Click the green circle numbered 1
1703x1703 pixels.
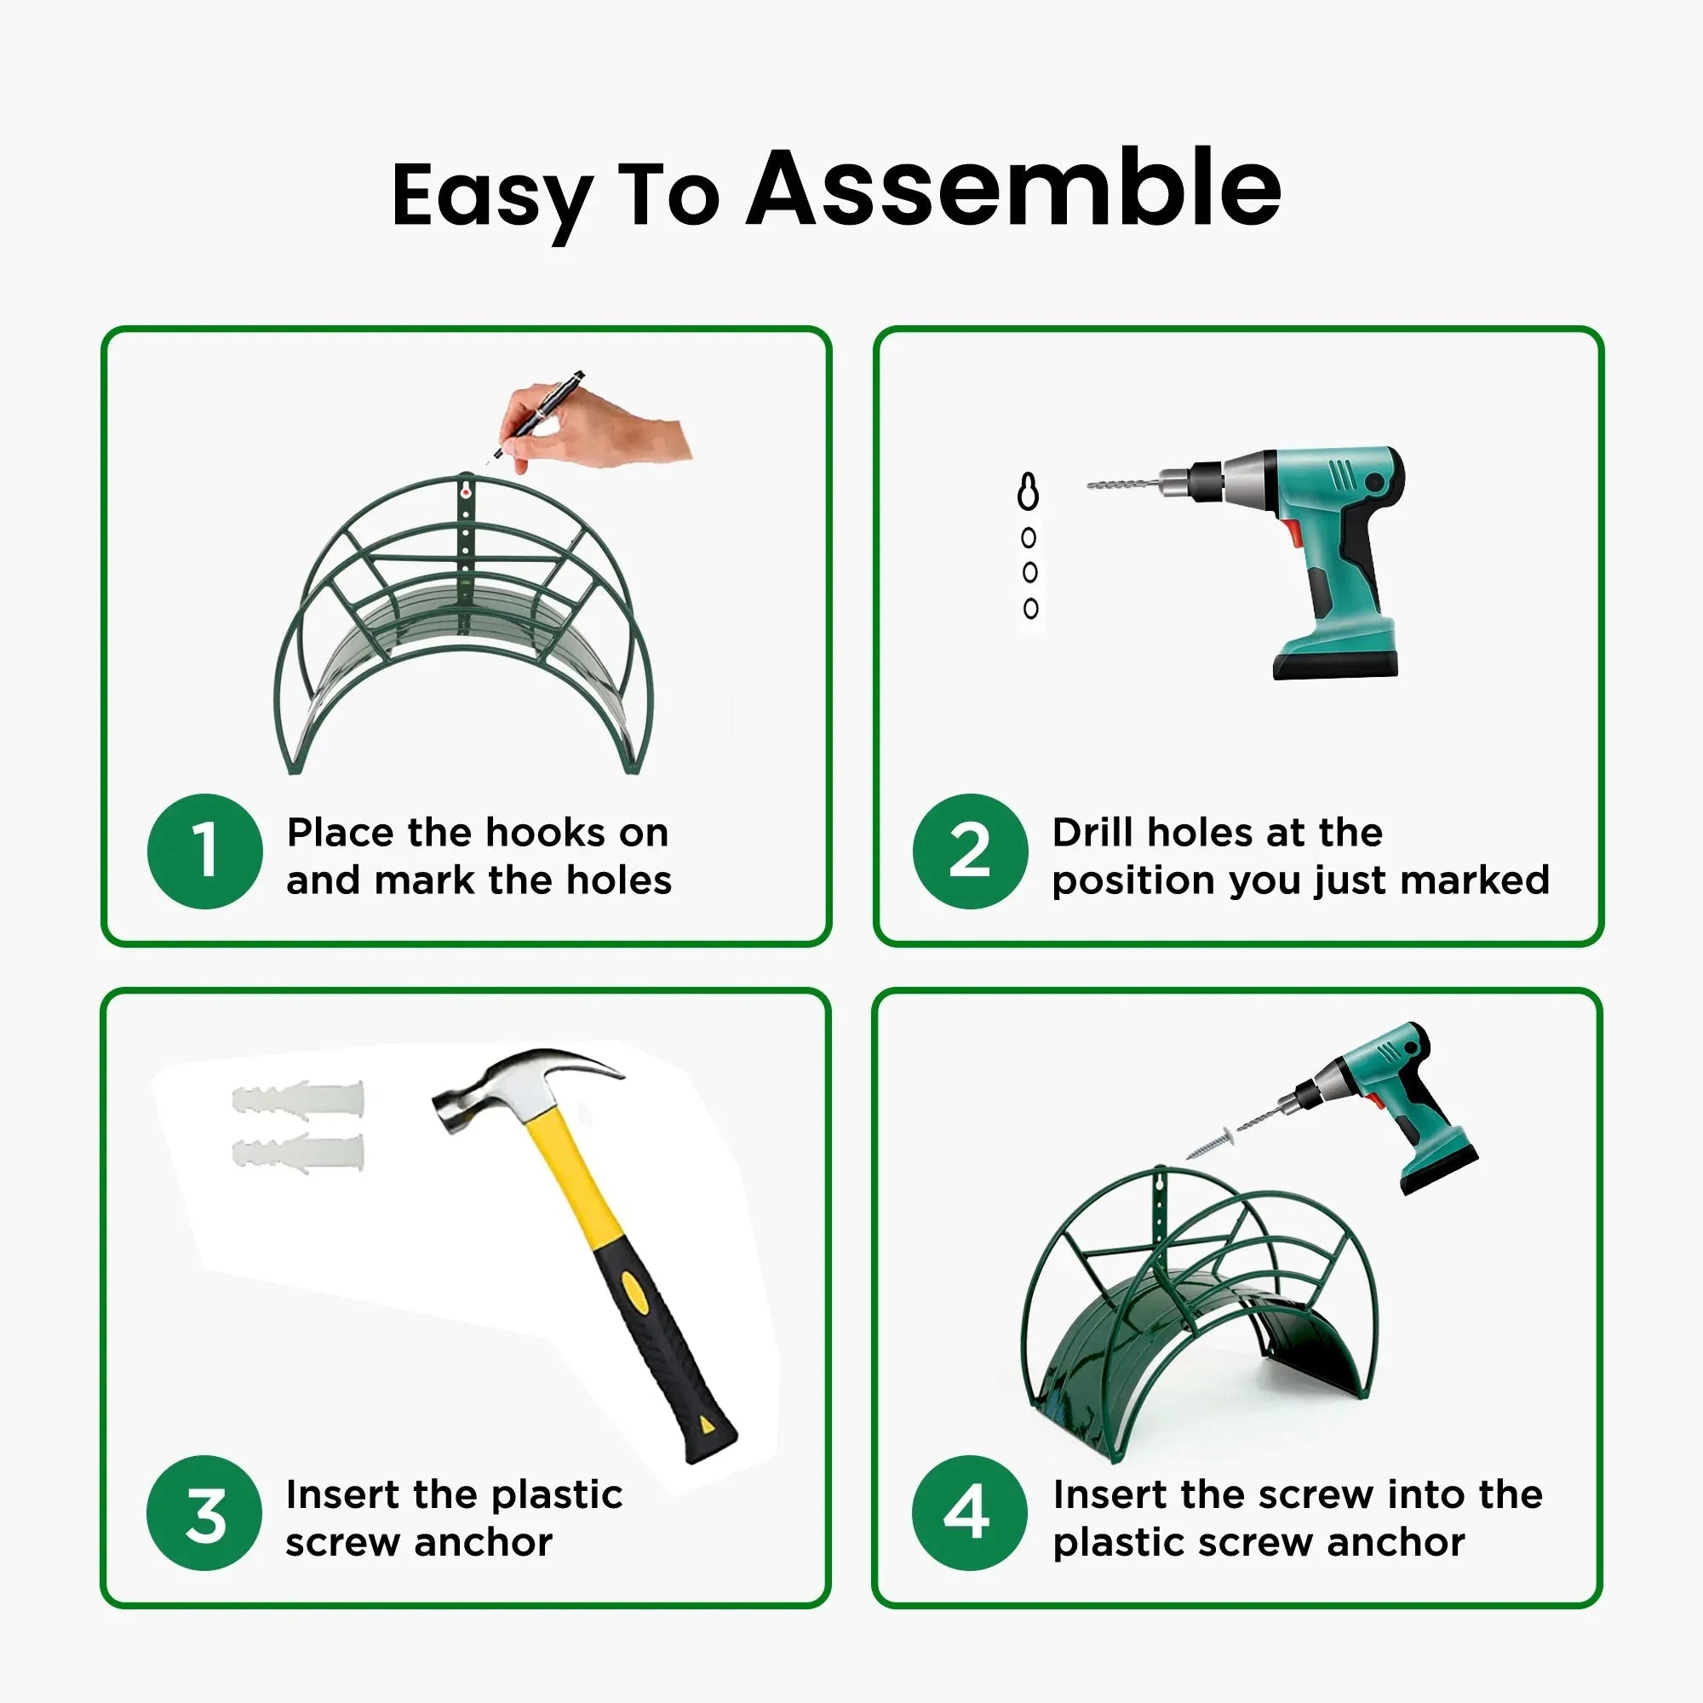pyautogui.click(x=204, y=851)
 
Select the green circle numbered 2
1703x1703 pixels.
pyautogui.click(x=970, y=851)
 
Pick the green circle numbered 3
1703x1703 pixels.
pyautogui.click(x=204, y=1512)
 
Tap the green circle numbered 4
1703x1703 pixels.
pyautogui.click(x=969, y=1512)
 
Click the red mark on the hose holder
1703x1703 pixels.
pyautogui.click(x=466, y=494)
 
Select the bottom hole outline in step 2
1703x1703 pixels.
pyautogui.click(x=1030, y=607)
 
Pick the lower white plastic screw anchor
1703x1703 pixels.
pyautogui.click(x=298, y=1152)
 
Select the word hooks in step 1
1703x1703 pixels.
pyautogui.click(x=546, y=832)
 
